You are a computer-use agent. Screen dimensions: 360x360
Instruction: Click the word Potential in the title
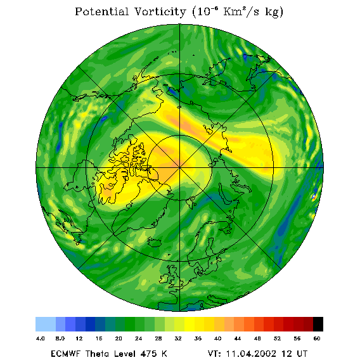coord(101,11)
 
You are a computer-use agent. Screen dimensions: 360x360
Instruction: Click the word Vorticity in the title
coord(160,11)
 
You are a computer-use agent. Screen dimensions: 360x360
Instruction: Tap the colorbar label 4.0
coord(41,338)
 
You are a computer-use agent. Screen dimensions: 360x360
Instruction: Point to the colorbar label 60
coord(317,338)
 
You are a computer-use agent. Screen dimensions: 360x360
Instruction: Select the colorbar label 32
coord(178,338)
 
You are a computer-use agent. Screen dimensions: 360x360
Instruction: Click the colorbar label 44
coord(238,338)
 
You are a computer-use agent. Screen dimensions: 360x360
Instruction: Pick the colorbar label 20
coord(119,338)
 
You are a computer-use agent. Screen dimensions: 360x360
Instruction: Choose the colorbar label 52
coord(277,338)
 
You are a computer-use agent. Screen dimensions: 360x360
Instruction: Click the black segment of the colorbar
coord(318,324)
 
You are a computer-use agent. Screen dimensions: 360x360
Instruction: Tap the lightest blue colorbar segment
coord(46,324)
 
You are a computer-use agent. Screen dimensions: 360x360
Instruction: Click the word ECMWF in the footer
coord(66,354)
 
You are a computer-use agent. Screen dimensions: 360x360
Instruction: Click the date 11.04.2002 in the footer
coord(251,354)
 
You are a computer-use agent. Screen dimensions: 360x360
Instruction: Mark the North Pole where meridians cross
coord(179,168)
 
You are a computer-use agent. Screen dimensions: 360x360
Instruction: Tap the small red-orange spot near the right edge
coord(314,196)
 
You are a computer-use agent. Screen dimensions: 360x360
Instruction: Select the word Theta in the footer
coord(96,354)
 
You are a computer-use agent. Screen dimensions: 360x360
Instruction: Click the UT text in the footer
coord(302,354)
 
